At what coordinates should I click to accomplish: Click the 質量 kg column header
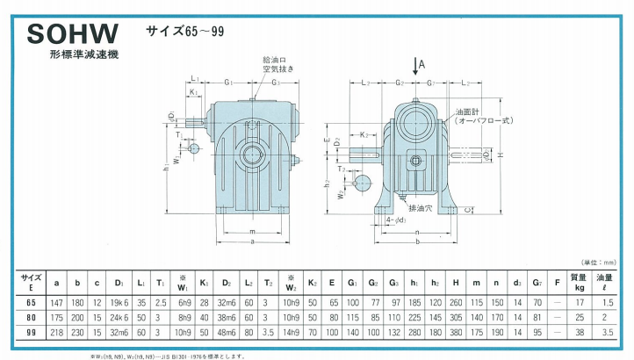(578, 281)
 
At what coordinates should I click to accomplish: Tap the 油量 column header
(605, 281)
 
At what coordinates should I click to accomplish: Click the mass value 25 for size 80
(578, 317)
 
